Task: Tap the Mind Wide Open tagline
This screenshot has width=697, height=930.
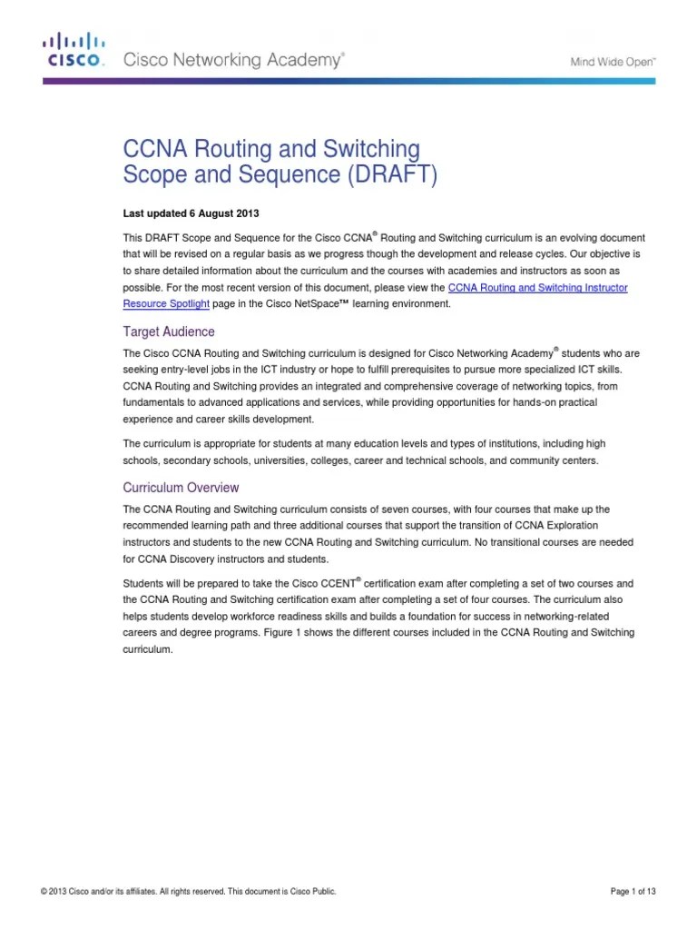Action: click(613, 61)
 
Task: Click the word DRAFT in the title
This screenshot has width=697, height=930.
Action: click(401, 174)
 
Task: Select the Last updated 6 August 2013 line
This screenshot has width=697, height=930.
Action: click(191, 213)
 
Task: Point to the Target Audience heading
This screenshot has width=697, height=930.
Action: click(169, 331)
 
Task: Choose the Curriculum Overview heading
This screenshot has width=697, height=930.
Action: click(182, 488)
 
